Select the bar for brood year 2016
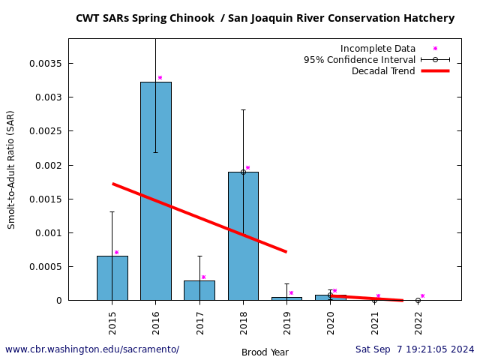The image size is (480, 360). tap(156, 191)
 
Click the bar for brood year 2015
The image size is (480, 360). tap(112, 278)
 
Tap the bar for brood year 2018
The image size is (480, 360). tap(243, 236)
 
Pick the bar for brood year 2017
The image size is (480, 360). tap(199, 290)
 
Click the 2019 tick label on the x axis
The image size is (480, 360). tap(287, 322)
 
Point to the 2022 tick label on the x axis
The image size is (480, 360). tap(418, 322)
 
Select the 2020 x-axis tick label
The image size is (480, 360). tap(331, 322)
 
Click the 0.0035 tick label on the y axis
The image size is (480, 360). tap(46, 63)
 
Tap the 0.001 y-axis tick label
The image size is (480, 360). tap(49, 232)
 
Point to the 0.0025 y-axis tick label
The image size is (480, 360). tap(46, 131)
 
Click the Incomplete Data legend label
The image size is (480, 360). tap(378, 49)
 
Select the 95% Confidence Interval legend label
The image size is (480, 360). tap(359, 60)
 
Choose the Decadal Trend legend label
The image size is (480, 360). tap(383, 71)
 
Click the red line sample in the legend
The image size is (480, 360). tap(435, 71)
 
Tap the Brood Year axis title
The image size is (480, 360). tap(265, 352)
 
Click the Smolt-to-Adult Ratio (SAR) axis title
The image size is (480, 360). tap(11, 169)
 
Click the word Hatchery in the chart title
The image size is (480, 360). tap(427, 18)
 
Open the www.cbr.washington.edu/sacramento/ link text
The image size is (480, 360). tap(92, 349)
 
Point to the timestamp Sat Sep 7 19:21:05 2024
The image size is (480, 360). tap(415, 349)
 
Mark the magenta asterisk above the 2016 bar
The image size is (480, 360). tap(160, 78)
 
